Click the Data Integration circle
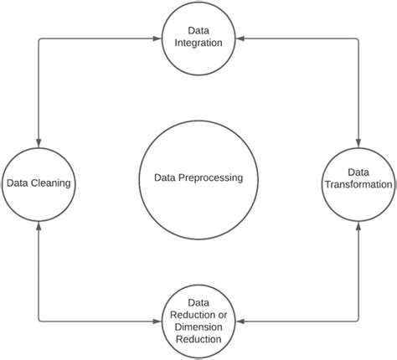198,37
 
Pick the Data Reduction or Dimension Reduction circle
198,319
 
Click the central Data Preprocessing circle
198,177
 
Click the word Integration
198,43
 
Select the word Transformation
358,184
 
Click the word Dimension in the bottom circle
198,327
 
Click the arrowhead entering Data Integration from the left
160,37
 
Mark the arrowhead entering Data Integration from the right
238,37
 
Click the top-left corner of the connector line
38,37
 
